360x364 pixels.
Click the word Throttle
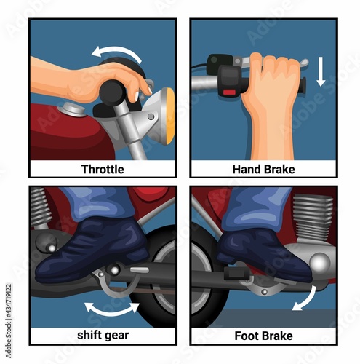[x=103, y=169]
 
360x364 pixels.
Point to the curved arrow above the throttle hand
[x=119, y=50]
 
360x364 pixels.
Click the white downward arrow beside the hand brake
[x=321, y=71]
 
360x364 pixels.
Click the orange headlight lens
[x=170, y=116]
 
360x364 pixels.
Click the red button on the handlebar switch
[x=229, y=92]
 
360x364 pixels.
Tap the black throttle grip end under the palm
[x=111, y=92]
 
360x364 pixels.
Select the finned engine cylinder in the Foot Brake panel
[x=312, y=217]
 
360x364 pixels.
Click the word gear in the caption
[x=116, y=336]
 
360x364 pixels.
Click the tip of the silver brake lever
[x=306, y=63]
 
